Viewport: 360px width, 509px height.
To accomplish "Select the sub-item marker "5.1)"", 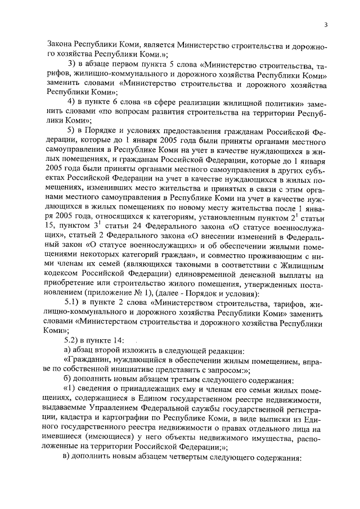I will pyautogui.click(x=74, y=304).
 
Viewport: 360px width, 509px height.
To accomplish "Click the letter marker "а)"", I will pyautogui.click(x=68, y=350).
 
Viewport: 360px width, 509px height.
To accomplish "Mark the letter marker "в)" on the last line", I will pyautogui.click(x=68, y=457).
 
